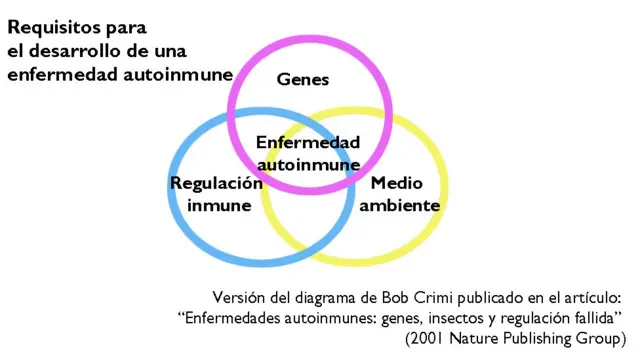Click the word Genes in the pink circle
302,78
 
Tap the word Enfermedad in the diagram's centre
308,143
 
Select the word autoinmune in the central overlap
308,163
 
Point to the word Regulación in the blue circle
216,184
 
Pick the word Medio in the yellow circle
391,184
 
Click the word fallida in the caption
597,317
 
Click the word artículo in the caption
591,297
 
